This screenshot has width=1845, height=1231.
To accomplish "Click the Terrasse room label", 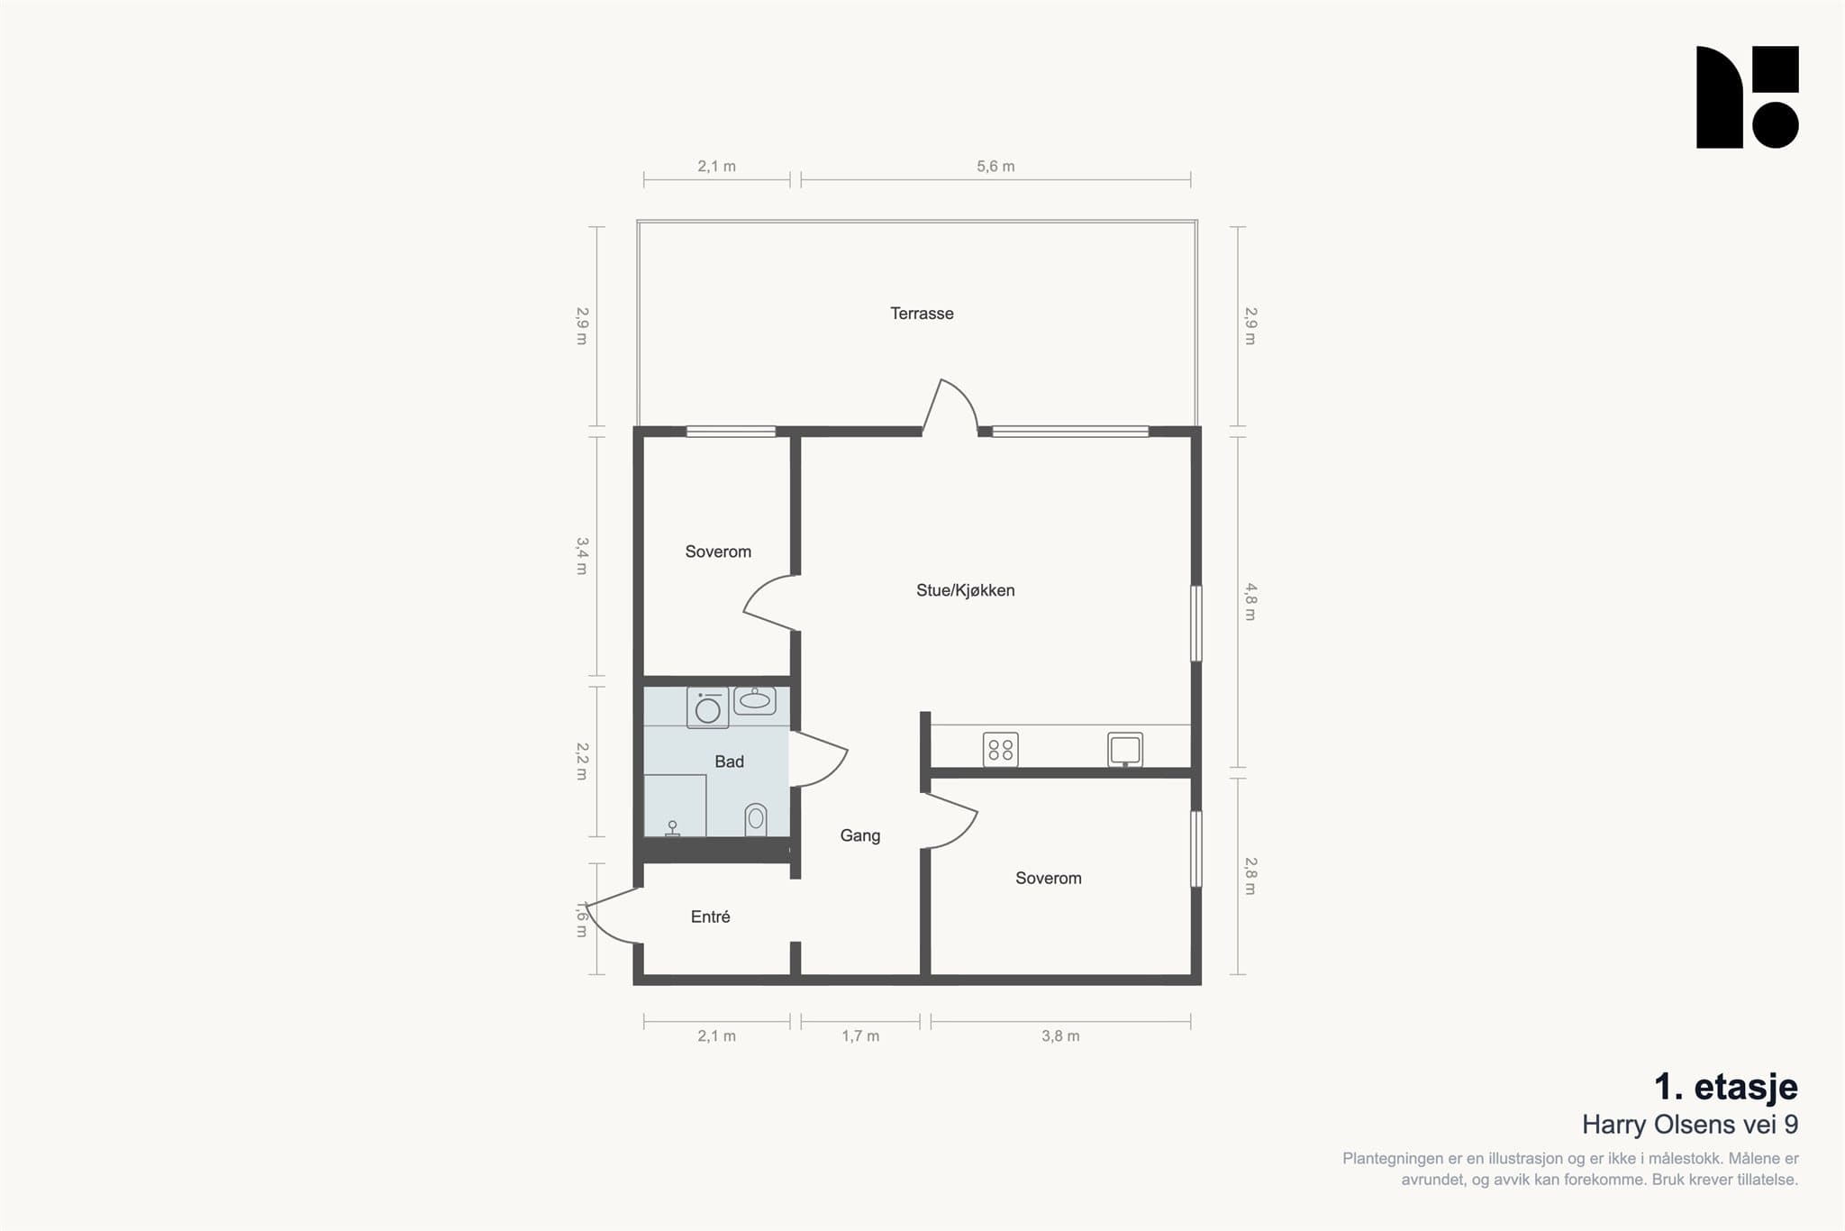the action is [x=922, y=314].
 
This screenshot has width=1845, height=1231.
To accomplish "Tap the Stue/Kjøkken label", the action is [x=966, y=590].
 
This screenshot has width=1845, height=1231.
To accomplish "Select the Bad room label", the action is [x=729, y=761].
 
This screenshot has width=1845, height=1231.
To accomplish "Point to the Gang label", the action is [x=860, y=836].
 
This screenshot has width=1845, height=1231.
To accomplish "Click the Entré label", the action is [x=710, y=916].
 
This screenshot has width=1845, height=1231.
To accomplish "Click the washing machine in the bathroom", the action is [x=708, y=708].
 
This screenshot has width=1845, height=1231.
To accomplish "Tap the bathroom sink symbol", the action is [x=755, y=700].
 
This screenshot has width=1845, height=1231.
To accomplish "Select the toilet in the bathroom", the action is [x=756, y=819].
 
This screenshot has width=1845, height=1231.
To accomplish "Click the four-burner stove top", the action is [x=1001, y=750].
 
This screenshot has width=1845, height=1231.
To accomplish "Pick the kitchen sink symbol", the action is [x=1125, y=750].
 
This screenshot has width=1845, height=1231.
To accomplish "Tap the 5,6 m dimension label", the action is [x=995, y=167].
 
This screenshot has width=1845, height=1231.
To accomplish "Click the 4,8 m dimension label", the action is [x=1250, y=602].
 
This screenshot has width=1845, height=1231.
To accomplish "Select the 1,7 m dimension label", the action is [x=860, y=1036].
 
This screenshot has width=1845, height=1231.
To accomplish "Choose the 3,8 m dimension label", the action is [x=1060, y=1036].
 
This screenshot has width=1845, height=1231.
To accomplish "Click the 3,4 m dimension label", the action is [x=582, y=556].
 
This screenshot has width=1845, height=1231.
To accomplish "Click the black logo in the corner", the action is [x=1748, y=97].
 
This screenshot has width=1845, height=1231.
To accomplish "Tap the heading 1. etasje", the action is [x=1726, y=1087].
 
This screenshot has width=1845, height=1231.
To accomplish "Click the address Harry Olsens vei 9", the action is [x=1690, y=1125].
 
